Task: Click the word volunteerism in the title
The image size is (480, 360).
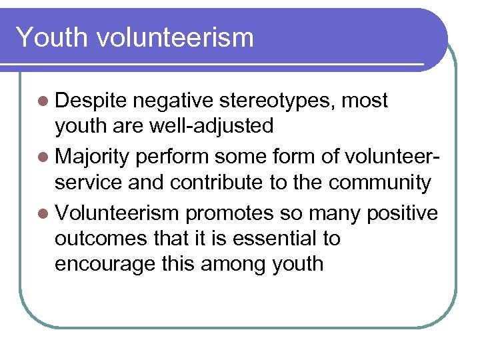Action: [175, 37]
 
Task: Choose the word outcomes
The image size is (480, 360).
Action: [96, 238]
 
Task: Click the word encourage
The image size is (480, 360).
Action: [105, 264]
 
